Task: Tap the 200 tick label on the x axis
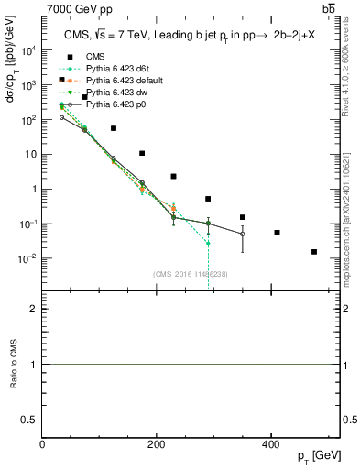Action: tap(157, 444)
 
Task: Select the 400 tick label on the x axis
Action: tap(270, 444)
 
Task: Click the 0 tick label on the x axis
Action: tap(43, 444)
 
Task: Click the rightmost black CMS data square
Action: tap(314, 251)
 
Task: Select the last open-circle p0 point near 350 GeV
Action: tap(243, 234)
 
